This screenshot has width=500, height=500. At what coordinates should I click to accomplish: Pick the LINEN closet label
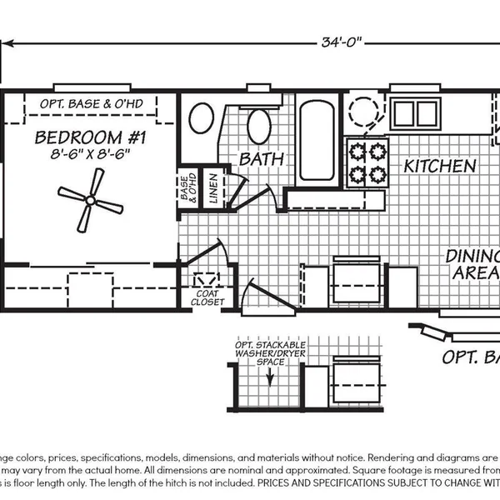point(213,189)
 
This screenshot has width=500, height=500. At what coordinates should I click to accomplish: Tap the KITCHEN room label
point(439,166)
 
